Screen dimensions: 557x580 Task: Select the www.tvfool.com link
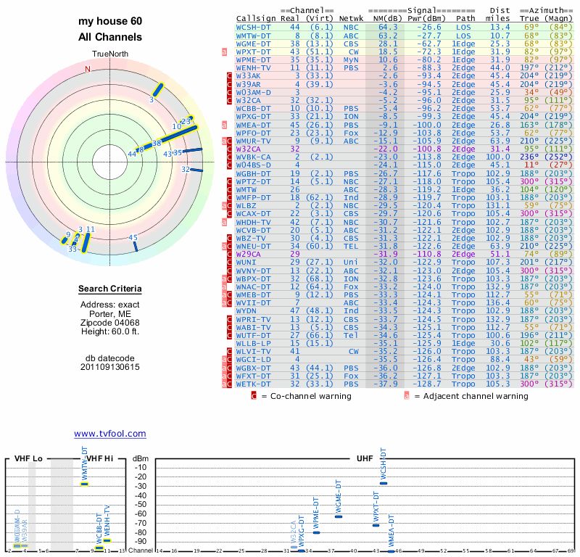110,434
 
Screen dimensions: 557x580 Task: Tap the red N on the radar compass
88,69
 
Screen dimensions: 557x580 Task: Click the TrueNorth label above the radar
109,55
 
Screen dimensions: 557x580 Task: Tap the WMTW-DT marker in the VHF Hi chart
84,483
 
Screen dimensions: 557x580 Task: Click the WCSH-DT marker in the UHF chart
384,482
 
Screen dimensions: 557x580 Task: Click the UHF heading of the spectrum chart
364,459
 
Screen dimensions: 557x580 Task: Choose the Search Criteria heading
109,289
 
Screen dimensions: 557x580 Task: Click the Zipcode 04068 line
109,322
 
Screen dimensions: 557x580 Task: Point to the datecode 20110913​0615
110,367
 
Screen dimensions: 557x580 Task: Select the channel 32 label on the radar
186,169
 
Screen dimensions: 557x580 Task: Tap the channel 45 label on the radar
133,237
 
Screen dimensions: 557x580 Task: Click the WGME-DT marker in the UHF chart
338,516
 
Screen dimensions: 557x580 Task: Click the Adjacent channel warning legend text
472,396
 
